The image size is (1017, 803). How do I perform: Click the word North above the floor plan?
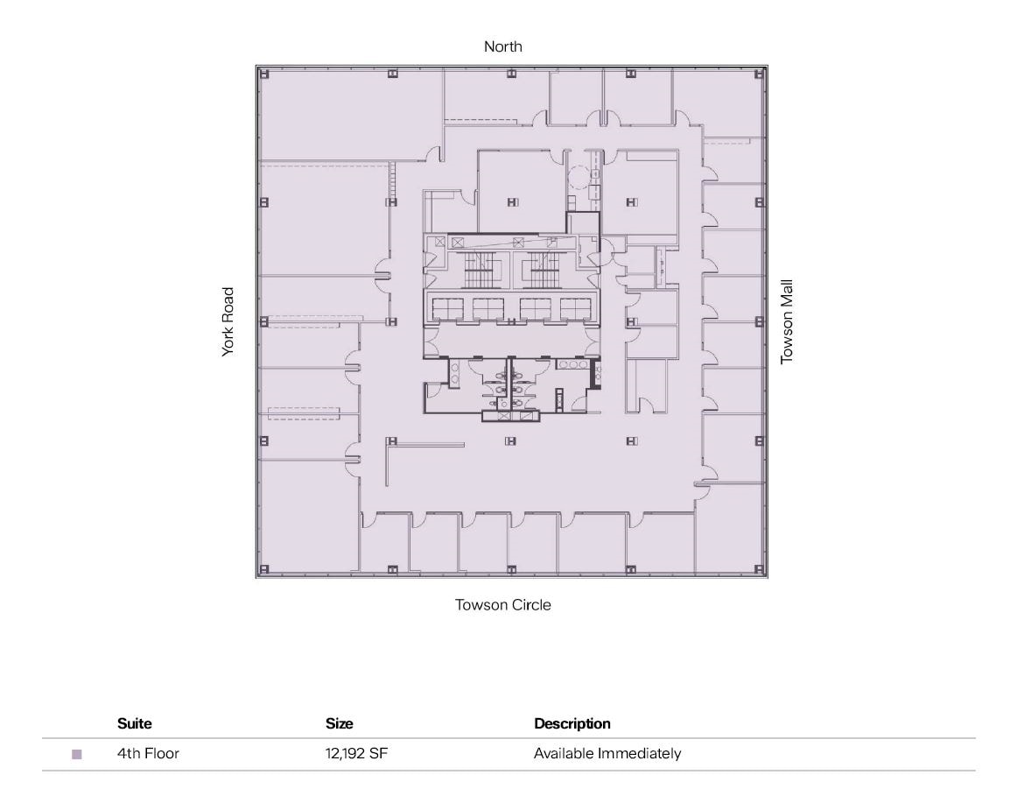click(x=503, y=46)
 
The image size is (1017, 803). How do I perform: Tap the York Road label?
click(x=228, y=321)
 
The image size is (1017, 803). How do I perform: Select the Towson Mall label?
click(x=786, y=321)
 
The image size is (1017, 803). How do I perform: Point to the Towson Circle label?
click(x=502, y=605)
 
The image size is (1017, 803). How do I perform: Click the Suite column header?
click(x=134, y=724)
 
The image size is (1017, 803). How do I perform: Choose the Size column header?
click(x=339, y=724)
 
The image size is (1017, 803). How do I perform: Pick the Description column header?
click(x=572, y=724)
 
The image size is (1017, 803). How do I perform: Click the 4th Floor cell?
click(x=148, y=754)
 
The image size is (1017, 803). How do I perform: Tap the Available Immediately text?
click(x=607, y=754)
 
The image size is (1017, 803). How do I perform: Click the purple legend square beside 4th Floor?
click(x=77, y=754)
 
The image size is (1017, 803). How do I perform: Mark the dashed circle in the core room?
click(x=579, y=179)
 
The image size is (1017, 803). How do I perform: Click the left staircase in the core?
click(x=479, y=271)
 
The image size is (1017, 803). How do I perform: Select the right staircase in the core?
click(x=544, y=271)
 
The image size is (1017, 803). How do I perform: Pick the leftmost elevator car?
click(x=448, y=309)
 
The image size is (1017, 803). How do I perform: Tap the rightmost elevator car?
click(x=576, y=309)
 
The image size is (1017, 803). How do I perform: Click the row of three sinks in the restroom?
click(x=573, y=364)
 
